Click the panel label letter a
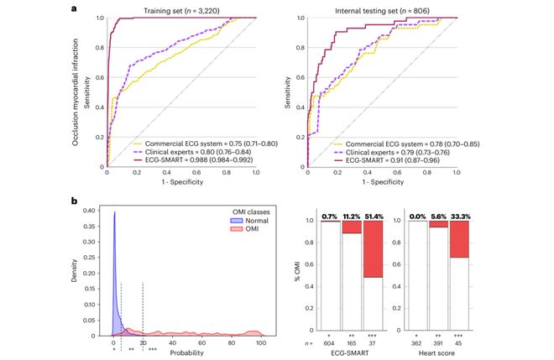click(x=75, y=8)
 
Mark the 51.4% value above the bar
click(x=374, y=216)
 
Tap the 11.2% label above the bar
click(x=352, y=216)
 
